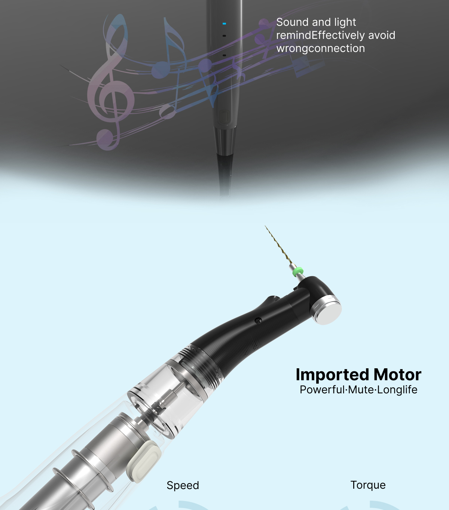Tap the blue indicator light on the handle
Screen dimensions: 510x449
(224, 24)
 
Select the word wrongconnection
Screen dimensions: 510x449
(321, 49)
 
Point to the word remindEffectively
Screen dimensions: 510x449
(320, 36)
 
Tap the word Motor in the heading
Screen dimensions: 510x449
(397, 375)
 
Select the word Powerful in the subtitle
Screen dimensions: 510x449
(322, 390)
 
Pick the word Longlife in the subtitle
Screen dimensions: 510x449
(397, 390)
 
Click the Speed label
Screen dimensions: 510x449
(183, 485)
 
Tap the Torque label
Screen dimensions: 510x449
(368, 485)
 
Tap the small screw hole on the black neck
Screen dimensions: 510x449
(258, 320)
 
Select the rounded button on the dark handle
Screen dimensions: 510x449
(224, 117)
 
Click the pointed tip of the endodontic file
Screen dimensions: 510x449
(265, 226)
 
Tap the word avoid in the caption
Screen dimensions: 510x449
(382, 36)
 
